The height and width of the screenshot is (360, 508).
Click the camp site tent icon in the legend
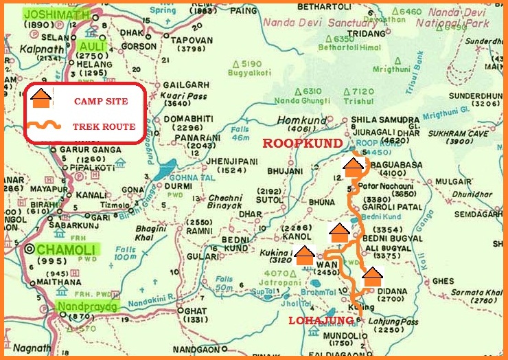[x=42, y=98]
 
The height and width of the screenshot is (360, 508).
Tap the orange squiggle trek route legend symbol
[x=43, y=126]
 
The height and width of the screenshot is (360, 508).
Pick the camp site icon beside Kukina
[x=304, y=254]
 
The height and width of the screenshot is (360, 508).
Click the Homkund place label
[x=296, y=121]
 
